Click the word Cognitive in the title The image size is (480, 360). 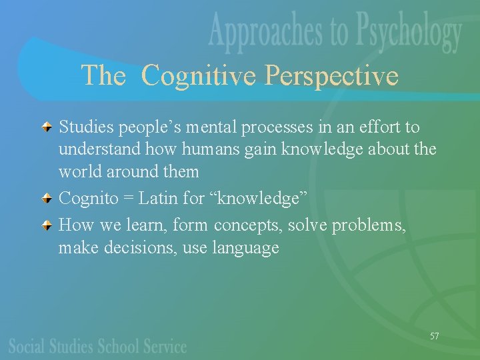199,75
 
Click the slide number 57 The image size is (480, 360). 434,336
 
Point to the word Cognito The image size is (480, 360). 87,199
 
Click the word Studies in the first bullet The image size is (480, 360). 85,127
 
